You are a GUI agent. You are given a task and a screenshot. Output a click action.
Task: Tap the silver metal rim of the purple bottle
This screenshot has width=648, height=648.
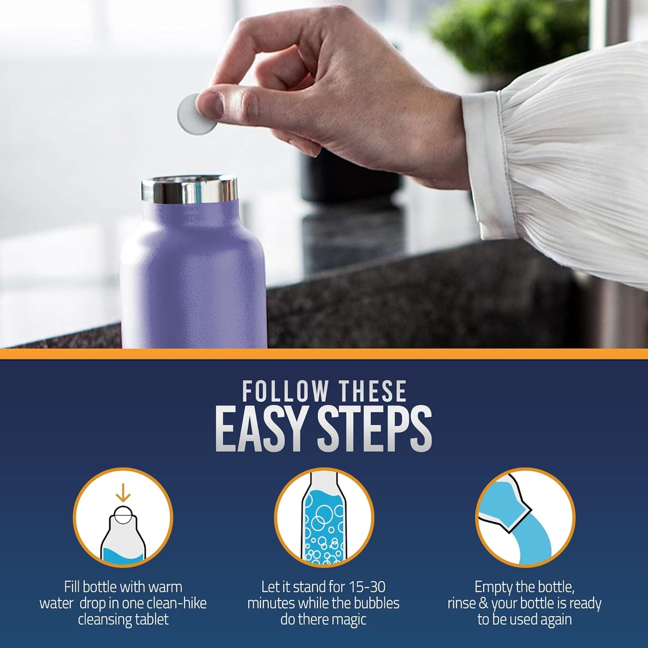[x=189, y=190]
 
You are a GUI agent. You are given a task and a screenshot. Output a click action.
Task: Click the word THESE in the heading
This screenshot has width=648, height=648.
[x=373, y=391]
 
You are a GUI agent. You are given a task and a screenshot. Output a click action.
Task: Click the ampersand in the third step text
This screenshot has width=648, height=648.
[x=483, y=604]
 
